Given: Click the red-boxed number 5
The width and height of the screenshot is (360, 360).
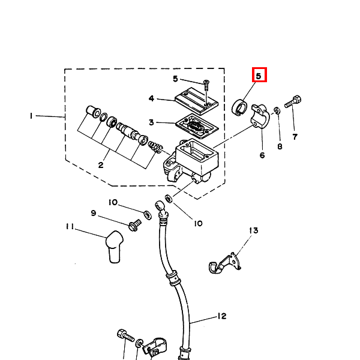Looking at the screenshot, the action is pyautogui.click(x=259, y=76).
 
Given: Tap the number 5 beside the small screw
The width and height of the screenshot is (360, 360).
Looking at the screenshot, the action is pyautogui.click(x=175, y=79).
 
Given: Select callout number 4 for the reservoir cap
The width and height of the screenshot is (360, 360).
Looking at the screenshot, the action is pyautogui.click(x=151, y=98).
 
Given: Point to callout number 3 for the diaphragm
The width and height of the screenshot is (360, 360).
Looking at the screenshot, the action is pyautogui.click(x=151, y=122).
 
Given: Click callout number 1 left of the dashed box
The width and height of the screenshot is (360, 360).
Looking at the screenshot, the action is pyautogui.click(x=31, y=116).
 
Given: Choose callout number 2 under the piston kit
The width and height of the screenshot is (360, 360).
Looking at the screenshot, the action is pyautogui.click(x=101, y=165).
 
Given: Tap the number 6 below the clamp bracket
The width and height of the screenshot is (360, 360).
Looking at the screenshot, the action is pyautogui.click(x=262, y=155).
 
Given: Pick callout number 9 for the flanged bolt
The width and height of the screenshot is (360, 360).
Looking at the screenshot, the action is pyautogui.click(x=94, y=213).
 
